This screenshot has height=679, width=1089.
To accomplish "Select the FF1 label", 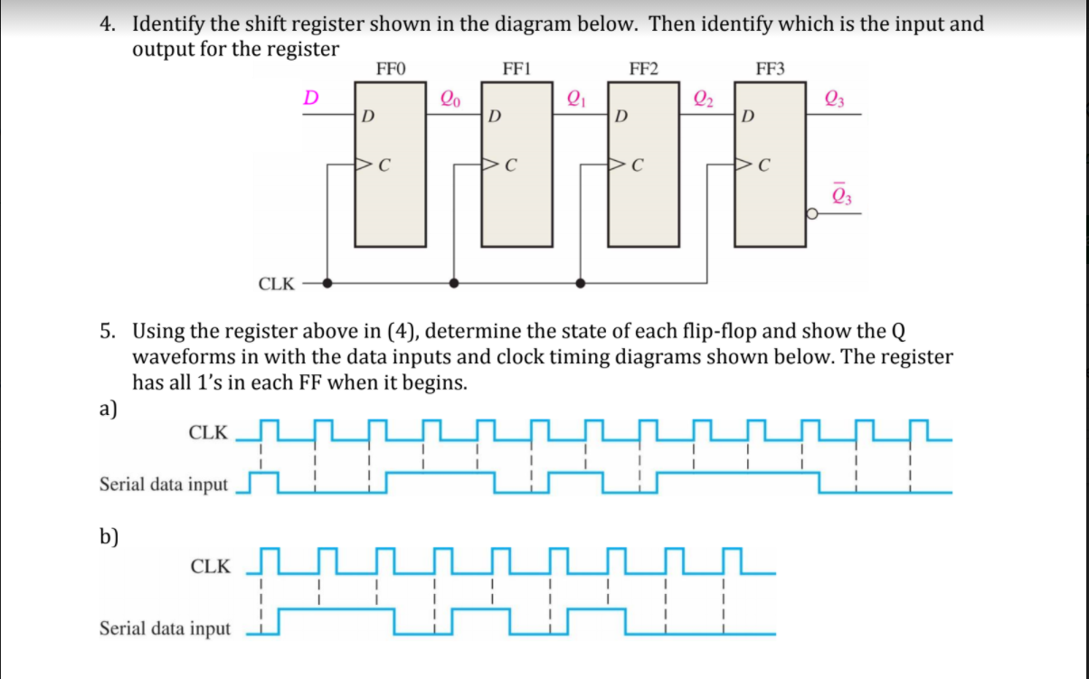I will (516, 68).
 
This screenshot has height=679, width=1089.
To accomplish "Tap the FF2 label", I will (643, 68).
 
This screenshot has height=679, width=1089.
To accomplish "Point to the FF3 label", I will (770, 68).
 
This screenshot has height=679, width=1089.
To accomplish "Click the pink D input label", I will (310, 97).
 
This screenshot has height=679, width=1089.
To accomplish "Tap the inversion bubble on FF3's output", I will (811, 214).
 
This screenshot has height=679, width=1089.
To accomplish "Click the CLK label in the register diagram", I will (277, 284).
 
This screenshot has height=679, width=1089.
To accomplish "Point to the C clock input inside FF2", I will (638, 165).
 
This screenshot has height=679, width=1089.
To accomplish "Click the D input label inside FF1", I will (494, 117).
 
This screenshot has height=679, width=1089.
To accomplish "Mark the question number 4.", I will (107, 24).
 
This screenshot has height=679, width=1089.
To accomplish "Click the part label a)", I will (109, 408).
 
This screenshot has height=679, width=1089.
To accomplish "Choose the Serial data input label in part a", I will (164, 485).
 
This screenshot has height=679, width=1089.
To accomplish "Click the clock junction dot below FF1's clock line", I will (454, 283).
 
